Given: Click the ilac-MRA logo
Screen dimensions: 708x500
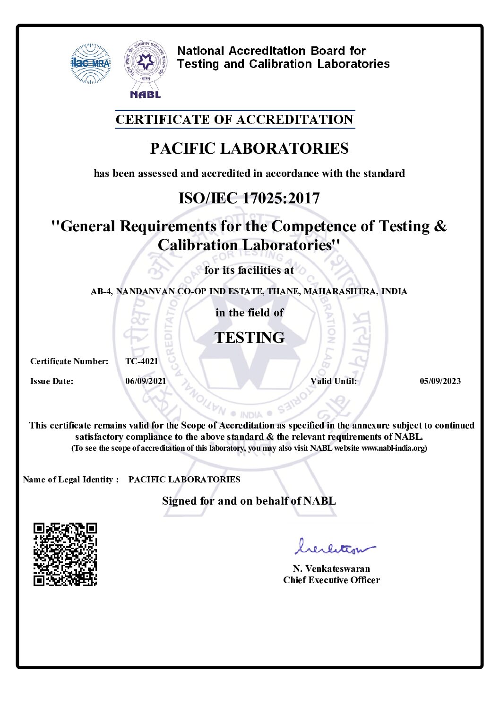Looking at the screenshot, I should (90, 63).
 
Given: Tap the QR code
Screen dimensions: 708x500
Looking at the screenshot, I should (65, 554).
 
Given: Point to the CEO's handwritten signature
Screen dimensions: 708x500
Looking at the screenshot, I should (334, 548).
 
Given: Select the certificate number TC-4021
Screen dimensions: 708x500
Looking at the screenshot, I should (142, 361).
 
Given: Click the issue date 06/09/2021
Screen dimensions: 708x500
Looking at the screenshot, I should (146, 381).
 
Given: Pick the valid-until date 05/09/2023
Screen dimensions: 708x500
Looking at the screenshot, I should (440, 381).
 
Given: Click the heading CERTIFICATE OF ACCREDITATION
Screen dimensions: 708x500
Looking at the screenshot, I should (235, 120).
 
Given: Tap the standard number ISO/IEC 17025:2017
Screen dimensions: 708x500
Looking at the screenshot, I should (249, 198).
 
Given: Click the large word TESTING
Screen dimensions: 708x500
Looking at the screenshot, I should (250, 338).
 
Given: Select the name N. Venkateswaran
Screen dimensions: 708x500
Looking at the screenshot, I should (331, 568).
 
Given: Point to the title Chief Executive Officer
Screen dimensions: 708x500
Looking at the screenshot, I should (331, 580).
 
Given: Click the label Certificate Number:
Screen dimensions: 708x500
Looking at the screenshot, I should (69, 361).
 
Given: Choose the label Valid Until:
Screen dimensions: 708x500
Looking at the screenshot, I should (334, 381).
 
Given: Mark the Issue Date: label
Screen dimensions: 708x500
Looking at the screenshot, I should (52, 381).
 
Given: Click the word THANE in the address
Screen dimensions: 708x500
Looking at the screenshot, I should (283, 291).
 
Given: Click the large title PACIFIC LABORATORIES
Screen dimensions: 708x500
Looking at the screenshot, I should (249, 149).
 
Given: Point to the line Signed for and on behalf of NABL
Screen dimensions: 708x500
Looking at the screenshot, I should (249, 501).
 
